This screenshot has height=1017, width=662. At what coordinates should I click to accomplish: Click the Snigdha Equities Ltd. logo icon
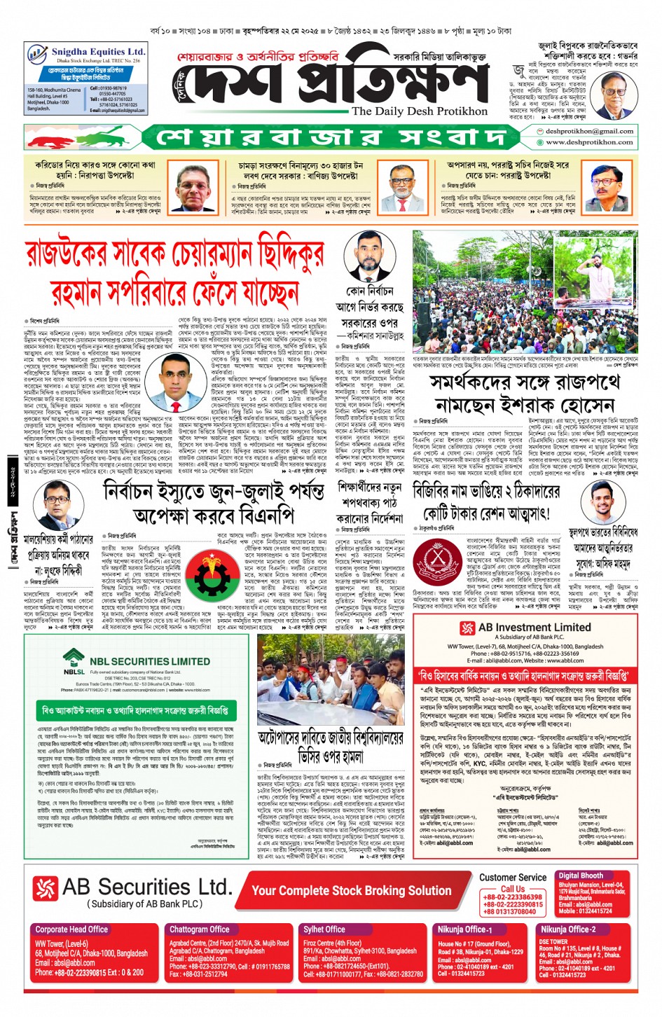pyautogui.click(x=37, y=54)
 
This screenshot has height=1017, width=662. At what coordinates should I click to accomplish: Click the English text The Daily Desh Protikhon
pyautogui.click(x=419, y=111)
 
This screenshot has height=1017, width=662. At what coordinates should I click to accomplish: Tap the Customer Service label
pyautogui.click(x=513, y=878)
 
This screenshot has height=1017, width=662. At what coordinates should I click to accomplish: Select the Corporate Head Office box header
pyautogui.click(x=71, y=929)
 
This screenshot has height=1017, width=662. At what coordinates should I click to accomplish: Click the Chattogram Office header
pyautogui.click(x=200, y=929)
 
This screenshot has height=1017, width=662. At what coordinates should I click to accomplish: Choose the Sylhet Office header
pyautogui.click(x=324, y=929)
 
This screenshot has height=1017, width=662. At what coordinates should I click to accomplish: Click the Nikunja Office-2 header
pyautogui.click(x=567, y=929)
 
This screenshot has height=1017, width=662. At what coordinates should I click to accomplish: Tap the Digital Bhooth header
pyautogui.click(x=581, y=876)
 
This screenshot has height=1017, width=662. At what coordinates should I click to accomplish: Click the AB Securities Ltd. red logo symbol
pyautogui.click(x=45, y=888)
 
